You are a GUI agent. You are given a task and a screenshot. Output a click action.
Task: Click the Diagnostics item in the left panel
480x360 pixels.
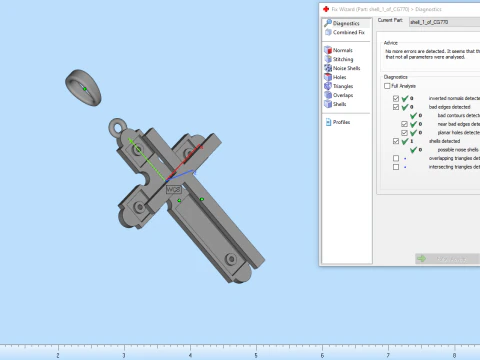(x=346, y=22)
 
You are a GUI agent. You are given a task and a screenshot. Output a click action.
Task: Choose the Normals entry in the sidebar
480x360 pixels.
(x=342, y=50)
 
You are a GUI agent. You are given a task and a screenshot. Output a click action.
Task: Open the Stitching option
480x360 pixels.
(x=343, y=59)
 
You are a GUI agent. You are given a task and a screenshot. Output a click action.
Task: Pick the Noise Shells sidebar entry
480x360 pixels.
(x=347, y=68)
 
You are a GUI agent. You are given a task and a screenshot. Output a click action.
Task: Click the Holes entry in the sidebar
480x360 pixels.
(x=340, y=77)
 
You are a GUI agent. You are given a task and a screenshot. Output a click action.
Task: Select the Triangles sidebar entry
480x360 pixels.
(x=344, y=86)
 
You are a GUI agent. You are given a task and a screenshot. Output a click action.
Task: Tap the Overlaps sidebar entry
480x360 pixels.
(x=343, y=95)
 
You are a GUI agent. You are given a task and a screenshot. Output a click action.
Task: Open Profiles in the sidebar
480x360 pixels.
(x=342, y=122)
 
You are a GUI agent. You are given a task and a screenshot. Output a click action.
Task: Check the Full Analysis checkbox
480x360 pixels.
(x=388, y=86)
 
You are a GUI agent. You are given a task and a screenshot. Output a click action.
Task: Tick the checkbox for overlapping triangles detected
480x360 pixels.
(x=397, y=158)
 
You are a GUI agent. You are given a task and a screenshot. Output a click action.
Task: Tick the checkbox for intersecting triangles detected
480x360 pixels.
(x=397, y=166)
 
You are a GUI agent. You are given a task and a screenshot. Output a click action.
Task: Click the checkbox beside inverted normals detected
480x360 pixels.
(x=397, y=99)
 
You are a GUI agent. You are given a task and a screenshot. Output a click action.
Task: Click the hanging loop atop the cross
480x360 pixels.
(x=121, y=130)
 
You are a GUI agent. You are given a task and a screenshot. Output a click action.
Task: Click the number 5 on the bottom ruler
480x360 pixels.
(x=256, y=355)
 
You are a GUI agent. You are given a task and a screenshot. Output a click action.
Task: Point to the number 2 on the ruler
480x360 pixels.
(x=58, y=355)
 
